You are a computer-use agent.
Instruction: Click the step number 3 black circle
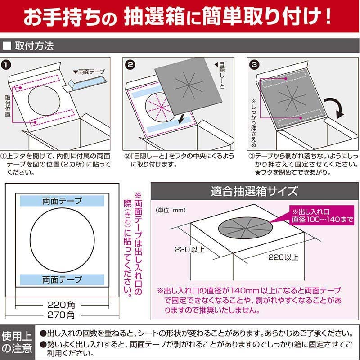pos(253,65)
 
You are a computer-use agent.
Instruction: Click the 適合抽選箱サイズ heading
pos(254,190)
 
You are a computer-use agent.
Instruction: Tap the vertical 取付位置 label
pos(8,104)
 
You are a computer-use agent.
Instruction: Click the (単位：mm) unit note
pos(171,210)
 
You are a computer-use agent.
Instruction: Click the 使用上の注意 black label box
pos(18,342)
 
